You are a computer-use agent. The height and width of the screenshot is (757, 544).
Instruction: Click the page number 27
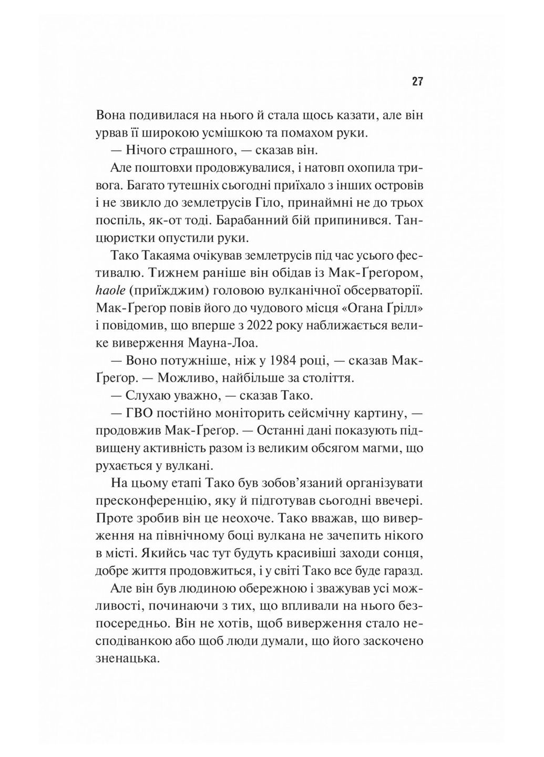click(x=417, y=81)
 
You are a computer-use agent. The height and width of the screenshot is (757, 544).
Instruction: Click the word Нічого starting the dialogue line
click(x=145, y=150)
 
